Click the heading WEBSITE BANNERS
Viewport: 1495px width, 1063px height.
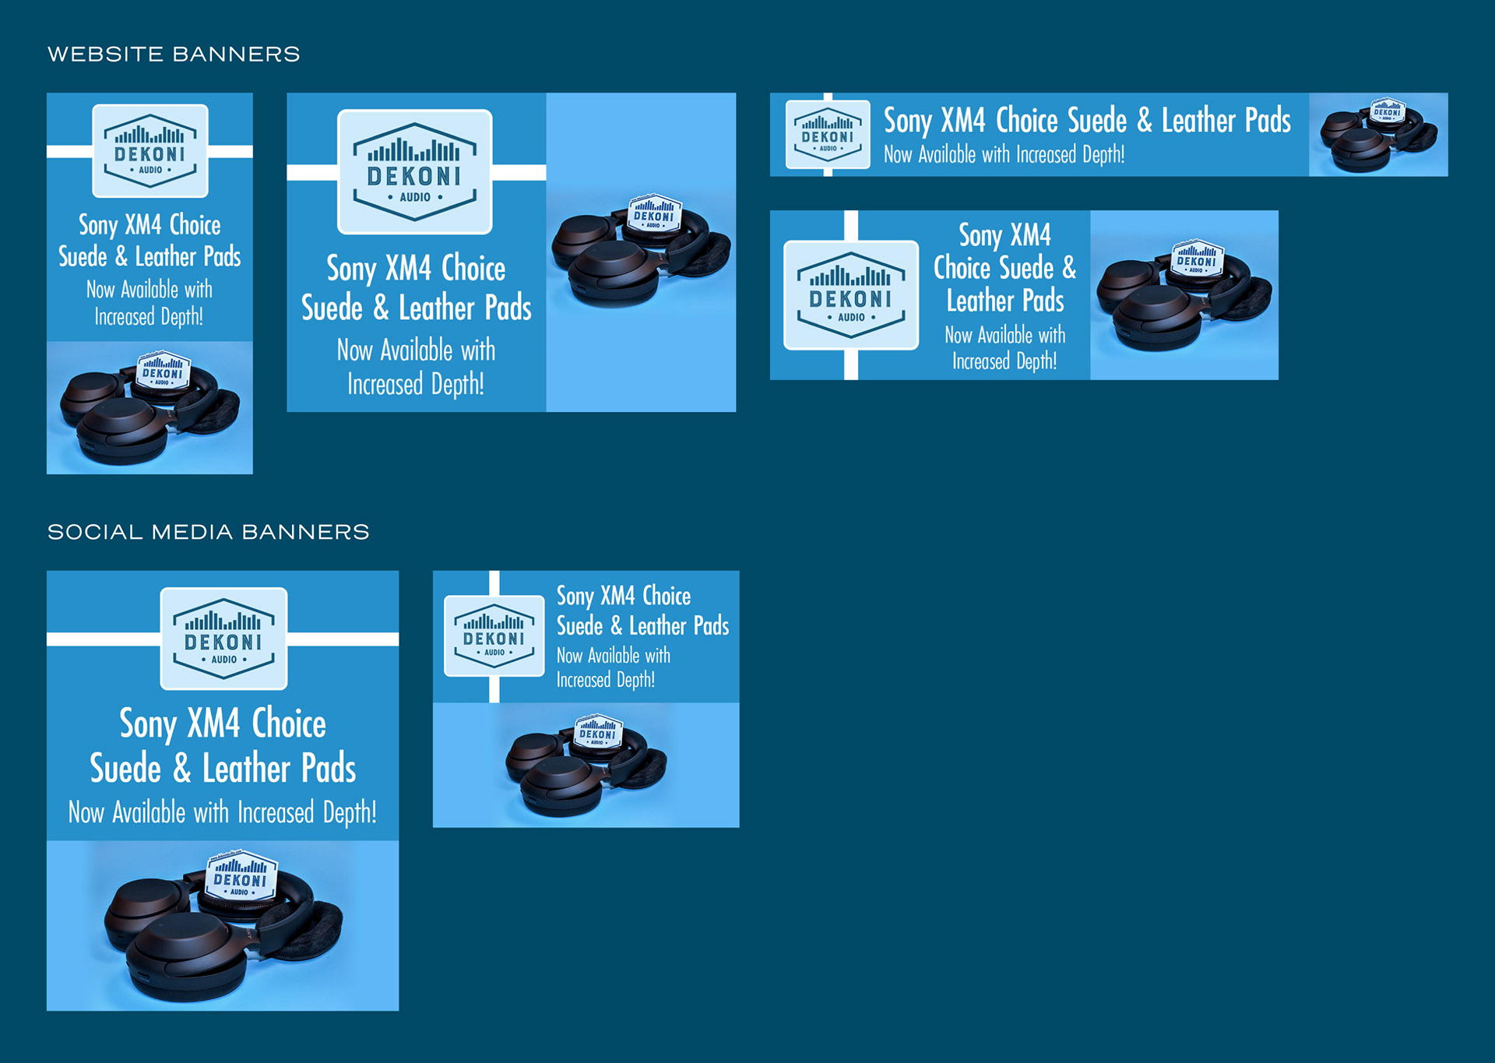174,55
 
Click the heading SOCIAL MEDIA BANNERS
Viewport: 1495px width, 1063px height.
208,533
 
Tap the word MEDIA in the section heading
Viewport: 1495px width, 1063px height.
192,533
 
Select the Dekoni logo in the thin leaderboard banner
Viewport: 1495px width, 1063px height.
828,135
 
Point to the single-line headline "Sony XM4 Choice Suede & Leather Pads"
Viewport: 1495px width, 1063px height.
1087,121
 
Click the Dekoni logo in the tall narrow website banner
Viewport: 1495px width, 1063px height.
150,151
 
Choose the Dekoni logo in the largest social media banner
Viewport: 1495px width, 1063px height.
223,639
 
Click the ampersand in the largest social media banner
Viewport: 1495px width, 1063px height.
181,769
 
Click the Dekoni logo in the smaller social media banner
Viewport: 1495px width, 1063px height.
494,636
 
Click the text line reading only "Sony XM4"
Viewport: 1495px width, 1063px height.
1004,235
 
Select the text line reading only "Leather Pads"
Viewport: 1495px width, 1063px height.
1005,301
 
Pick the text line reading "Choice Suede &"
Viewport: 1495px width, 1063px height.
1004,268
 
